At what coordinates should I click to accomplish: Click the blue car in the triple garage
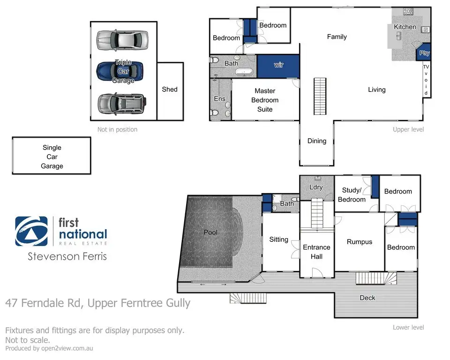[x=120, y=71]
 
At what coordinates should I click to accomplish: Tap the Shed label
[x=170, y=89]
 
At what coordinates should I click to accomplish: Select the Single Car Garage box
[x=52, y=157]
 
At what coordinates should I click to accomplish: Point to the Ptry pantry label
[x=424, y=53]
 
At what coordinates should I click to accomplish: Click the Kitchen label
[x=405, y=27]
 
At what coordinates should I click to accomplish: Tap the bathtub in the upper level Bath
[x=244, y=72]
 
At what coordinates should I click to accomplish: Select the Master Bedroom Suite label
[x=265, y=100]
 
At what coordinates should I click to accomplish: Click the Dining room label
[x=316, y=141]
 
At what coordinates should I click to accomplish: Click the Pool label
[x=211, y=232]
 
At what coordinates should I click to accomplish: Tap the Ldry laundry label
[x=316, y=187]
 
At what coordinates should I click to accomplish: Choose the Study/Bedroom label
[x=352, y=195]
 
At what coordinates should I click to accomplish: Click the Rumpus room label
[x=360, y=242]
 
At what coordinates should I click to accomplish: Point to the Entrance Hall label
[x=316, y=252]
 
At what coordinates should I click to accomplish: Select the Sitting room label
[x=279, y=240]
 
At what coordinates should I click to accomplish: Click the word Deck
[x=367, y=298]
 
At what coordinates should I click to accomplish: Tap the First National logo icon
[x=31, y=231]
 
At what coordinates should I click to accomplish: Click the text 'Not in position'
[x=117, y=129]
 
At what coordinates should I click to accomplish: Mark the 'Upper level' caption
[x=408, y=129]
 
